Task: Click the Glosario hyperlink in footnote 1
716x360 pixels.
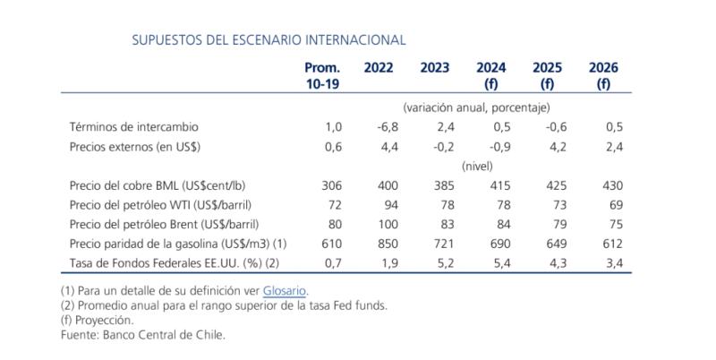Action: coord(285,291)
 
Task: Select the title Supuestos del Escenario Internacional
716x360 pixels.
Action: coord(268,39)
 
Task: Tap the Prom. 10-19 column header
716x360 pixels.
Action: coord(322,76)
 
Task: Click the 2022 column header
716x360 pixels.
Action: coord(379,68)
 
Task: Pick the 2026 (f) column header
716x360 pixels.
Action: coord(604,76)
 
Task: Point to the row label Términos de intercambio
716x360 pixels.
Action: coord(133,127)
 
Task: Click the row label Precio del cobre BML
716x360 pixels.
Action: coord(158,186)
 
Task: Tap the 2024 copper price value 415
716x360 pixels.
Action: coord(499,186)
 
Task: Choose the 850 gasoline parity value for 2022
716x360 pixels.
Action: coord(387,244)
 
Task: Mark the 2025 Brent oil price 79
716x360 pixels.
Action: coord(558,225)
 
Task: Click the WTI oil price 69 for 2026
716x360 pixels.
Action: coord(614,206)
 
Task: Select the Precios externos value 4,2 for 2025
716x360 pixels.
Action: coord(555,147)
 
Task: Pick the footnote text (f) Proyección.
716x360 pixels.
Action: coord(98,320)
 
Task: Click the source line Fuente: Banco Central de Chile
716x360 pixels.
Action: coord(142,334)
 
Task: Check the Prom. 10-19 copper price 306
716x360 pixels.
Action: coord(331,186)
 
